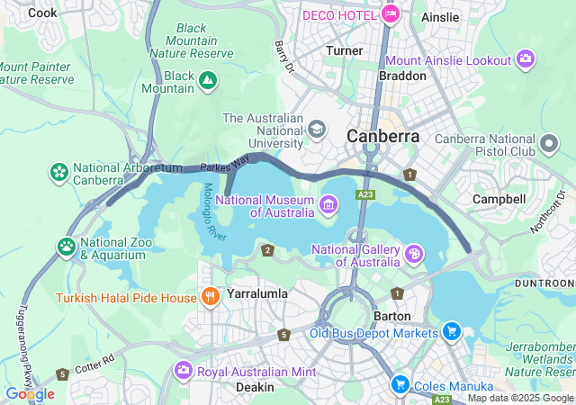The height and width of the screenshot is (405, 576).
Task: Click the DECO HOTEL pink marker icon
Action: click(x=390, y=13)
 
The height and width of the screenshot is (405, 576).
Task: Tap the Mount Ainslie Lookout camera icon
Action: click(x=526, y=60)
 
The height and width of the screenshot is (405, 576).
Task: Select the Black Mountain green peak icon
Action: click(x=208, y=82)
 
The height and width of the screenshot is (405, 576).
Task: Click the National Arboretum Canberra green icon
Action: click(x=59, y=171)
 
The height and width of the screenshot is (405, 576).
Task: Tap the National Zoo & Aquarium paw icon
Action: click(x=67, y=246)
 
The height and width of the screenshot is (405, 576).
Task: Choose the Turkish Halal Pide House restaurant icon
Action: click(x=211, y=296)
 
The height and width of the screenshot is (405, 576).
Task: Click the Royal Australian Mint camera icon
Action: click(x=184, y=370)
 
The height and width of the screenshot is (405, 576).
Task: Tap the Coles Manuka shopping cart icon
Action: click(x=400, y=384)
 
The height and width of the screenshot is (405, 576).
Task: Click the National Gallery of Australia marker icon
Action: click(x=413, y=255)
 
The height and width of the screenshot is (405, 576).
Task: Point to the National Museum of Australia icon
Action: click(x=328, y=206)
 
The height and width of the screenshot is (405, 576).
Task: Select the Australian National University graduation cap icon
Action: click(x=317, y=130)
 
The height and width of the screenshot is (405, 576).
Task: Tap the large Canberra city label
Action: click(x=383, y=136)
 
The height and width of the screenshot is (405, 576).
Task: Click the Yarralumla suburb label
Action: click(x=256, y=293)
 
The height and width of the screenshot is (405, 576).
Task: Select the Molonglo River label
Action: click(x=212, y=212)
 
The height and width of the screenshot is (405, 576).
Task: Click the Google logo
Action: click(x=30, y=393)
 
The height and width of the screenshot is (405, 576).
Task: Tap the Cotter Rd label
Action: click(x=95, y=364)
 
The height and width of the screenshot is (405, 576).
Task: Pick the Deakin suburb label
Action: click(x=255, y=386)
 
